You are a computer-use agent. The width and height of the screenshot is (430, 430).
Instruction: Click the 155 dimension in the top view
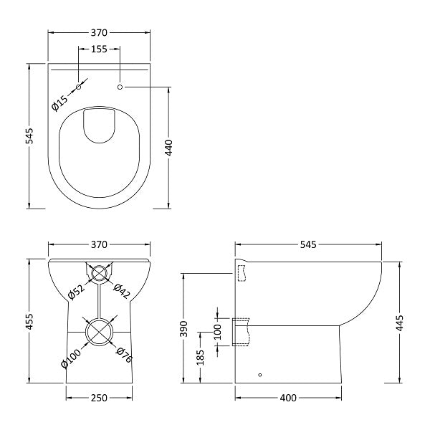click(x=99, y=49)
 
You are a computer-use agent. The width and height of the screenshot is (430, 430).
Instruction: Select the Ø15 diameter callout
click(x=59, y=102)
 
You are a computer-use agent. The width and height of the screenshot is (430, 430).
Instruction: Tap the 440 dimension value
click(x=169, y=148)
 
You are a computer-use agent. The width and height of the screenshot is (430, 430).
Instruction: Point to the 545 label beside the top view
click(x=29, y=135)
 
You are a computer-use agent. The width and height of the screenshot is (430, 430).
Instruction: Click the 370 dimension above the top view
click(x=99, y=33)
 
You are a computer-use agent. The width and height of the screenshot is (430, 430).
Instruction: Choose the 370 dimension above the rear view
click(x=99, y=244)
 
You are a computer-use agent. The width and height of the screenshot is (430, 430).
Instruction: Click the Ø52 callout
click(x=77, y=291)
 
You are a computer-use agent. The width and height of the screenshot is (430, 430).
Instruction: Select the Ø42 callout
click(x=122, y=291)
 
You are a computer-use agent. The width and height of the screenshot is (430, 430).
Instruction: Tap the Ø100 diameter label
click(x=71, y=358)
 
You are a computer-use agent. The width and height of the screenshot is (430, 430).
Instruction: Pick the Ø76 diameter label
click(x=125, y=355)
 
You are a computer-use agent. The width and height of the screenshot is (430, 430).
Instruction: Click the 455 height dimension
click(x=29, y=322)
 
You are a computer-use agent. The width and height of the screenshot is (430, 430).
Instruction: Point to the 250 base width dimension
click(x=99, y=398)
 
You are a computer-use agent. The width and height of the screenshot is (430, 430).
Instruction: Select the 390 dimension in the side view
click(x=184, y=328)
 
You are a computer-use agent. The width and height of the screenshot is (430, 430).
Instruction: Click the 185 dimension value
click(x=201, y=358)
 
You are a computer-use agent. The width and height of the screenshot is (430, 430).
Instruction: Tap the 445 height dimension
click(x=400, y=323)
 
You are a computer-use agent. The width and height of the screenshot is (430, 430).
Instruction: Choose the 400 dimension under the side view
click(x=288, y=398)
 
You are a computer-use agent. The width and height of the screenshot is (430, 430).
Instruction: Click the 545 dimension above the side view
click(x=308, y=244)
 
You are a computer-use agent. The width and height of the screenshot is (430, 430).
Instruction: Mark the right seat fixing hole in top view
click(x=120, y=87)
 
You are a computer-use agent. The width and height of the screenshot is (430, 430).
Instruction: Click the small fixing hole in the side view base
click(x=260, y=375)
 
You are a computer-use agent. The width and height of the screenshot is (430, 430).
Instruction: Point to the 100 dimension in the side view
click(x=217, y=332)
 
